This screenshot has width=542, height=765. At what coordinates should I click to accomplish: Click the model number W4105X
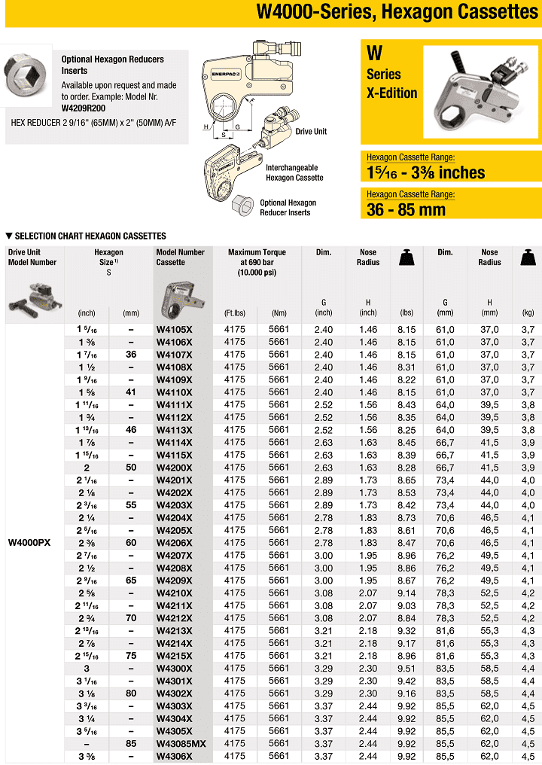[173, 329]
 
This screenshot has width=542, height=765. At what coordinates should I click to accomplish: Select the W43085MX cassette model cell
[181, 743]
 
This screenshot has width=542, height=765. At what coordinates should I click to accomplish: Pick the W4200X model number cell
[173, 468]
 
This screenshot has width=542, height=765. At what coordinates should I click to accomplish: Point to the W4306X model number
[173, 756]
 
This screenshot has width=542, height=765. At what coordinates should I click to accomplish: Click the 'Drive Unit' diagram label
[311, 132]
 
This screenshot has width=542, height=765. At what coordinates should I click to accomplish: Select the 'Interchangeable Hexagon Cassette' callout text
[294, 172]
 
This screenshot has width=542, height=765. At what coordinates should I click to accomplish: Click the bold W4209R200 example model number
[83, 108]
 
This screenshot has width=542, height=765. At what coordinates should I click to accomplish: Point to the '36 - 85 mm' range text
[406, 209]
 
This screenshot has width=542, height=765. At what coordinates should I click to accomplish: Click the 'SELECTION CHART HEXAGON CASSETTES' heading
[90, 236]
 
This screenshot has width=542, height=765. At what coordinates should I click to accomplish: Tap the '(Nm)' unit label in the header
[279, 312]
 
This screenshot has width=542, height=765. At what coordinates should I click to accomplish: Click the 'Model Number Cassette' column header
[180, 257]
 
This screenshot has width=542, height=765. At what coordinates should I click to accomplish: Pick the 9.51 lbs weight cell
[406, 668]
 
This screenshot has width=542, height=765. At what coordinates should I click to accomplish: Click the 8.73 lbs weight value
[406, 517]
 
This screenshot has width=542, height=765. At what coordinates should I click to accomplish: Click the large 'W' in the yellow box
[374, 54]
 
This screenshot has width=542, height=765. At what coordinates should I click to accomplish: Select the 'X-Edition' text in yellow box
[391, 93]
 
